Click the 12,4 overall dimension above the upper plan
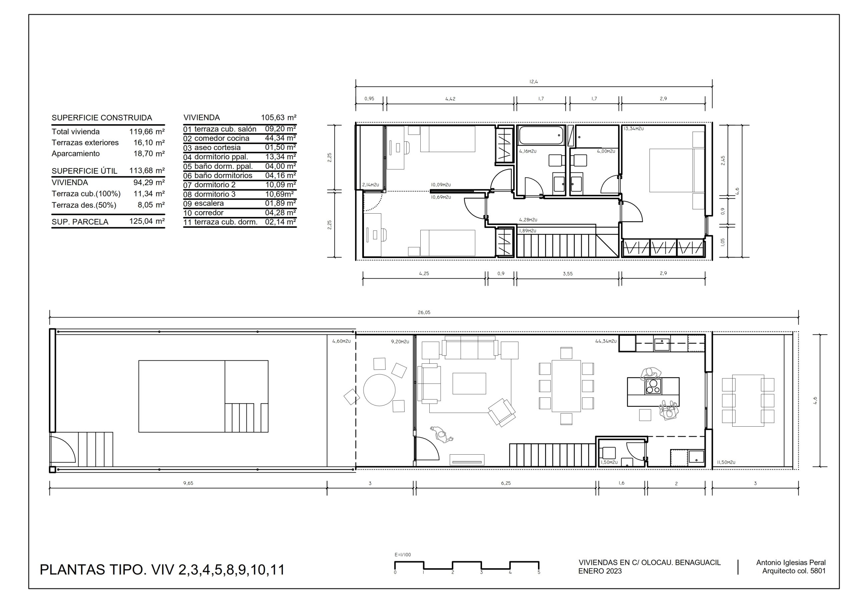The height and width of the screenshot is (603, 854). click(x=534, y=82)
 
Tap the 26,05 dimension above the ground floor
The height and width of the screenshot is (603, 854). click(x=424, y=313)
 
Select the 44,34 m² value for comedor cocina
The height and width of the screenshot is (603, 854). click(x=281, y=138)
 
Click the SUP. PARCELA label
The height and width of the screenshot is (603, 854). click(x=80, y=222)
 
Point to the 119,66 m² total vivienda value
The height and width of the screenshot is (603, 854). click(x=147, y=132)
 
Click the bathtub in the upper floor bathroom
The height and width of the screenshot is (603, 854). click(x=541, y=135)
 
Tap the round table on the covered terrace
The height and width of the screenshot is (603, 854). click(x=379, y=390)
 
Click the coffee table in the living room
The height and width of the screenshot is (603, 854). click(x=469, y=383)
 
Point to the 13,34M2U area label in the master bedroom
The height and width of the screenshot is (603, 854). click(x=634, y=129)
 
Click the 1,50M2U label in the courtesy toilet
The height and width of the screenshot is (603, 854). click(x=609, y=462)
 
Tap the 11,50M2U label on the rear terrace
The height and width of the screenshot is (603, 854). click(x=726, y=462)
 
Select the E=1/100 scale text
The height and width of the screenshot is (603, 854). click(x=403, y=555)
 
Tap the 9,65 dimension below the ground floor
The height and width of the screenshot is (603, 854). click(x=188, y=483)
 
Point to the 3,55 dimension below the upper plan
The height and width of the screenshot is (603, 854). click(x=567, y=274)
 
